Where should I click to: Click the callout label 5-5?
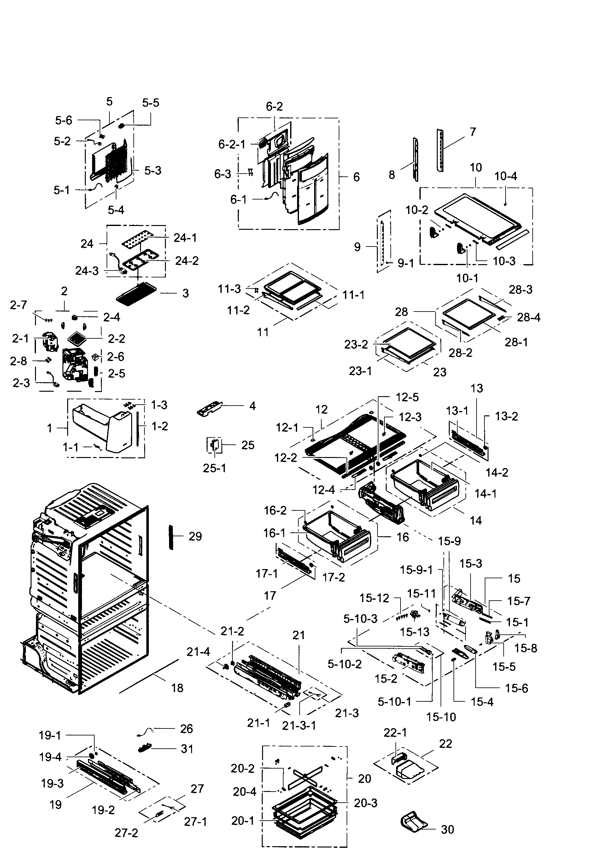(x=150, y=103)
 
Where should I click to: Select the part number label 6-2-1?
(x=232, y=144)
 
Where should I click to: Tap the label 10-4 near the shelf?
(x=505, y=176)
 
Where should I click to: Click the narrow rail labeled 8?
(x=415, y=159)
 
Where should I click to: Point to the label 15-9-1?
(x=416, y=570)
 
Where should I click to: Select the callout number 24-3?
(x=87, y=271)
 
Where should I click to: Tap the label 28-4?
(x=529, y=317)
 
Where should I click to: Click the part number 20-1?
(x=243, y=821)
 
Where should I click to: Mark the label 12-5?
(x=407, y=397)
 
